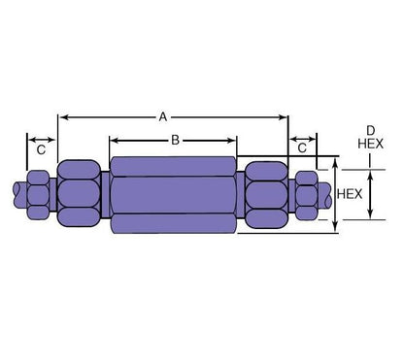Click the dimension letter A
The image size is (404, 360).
pos(164,116)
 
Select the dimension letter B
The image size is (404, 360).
pos(175,141)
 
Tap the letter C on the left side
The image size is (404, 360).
pos(41,150)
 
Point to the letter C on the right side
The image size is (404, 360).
pos(303,148)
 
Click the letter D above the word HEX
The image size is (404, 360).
pos(369,128)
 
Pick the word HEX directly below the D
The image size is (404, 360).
pos(370,143)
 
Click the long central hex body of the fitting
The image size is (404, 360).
pos(173,193)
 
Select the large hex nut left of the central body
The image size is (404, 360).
pos(79,193)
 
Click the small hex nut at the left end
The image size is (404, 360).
pos(38,193)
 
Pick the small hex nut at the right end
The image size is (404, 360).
pos(305,193)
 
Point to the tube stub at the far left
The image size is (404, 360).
pos(17,193)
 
